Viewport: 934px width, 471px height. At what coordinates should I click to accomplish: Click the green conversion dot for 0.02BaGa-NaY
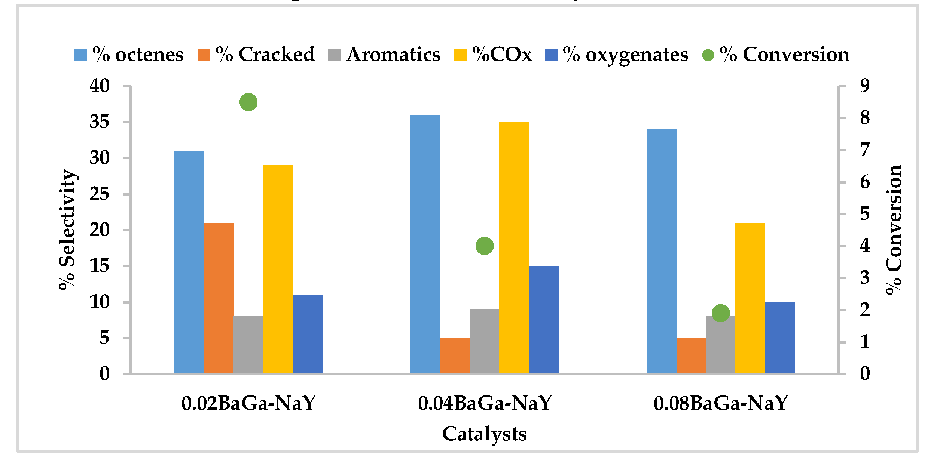coord(248,102)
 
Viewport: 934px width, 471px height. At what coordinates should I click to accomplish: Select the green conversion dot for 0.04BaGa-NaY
coord(485,246)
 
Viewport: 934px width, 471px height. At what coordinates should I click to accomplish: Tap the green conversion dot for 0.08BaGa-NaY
coord(721,313)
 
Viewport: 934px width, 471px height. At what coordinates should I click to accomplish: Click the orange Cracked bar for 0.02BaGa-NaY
coord(219,298)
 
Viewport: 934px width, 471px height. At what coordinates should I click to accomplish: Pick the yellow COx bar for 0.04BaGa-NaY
coord(514,247)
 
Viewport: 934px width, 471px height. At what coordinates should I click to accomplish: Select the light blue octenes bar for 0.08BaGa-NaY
coord(662,251)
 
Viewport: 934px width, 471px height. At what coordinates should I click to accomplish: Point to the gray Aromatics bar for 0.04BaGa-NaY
coord(484,341)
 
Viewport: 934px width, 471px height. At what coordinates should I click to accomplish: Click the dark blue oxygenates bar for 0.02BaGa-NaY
coord(307,334)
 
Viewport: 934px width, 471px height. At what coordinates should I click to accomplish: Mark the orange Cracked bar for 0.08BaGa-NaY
coord(691,355)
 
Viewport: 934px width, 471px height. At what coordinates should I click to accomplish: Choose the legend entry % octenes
coord(129,55)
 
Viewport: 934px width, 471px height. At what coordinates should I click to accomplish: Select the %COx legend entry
coord(493,55)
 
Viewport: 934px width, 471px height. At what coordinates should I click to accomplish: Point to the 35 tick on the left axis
coord(100,122)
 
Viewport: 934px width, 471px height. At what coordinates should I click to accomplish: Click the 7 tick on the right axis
coord(865,150)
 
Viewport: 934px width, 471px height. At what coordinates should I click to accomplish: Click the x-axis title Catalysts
coord(485,434)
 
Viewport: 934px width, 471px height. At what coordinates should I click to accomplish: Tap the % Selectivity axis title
coord(67,230)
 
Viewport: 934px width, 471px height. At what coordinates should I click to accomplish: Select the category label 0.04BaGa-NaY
coord(485,403)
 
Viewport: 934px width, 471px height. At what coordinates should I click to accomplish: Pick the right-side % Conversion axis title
coord(894,230)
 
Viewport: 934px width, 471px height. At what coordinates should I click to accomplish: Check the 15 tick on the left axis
coord(100,266)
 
